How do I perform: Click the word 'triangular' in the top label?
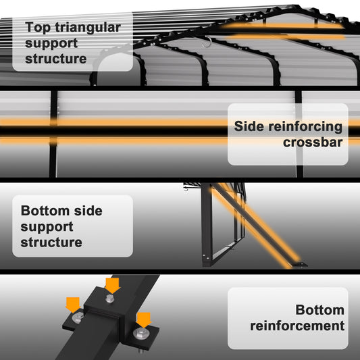click(88, 28)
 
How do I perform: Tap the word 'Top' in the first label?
click(38, 28)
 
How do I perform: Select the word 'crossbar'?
click(313, 142)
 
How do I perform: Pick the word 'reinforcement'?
click(297, 326)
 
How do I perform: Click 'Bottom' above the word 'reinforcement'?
click(320, 310)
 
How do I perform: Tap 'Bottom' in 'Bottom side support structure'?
click(45, 211)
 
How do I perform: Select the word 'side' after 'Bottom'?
click(88, 211)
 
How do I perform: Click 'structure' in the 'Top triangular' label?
click(56, 59)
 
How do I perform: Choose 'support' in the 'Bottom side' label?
click(47, 227)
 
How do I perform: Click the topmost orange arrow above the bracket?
click(112, 286)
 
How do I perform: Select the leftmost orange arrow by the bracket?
click(73, 305)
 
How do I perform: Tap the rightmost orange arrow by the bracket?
click(144, 320)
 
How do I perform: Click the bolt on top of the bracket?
click(110, 299)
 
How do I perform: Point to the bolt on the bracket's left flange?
click(77, 317)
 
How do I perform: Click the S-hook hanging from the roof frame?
click(207, 42)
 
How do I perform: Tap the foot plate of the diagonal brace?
click(299, 264)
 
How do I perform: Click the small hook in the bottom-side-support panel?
click(186, 188)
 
